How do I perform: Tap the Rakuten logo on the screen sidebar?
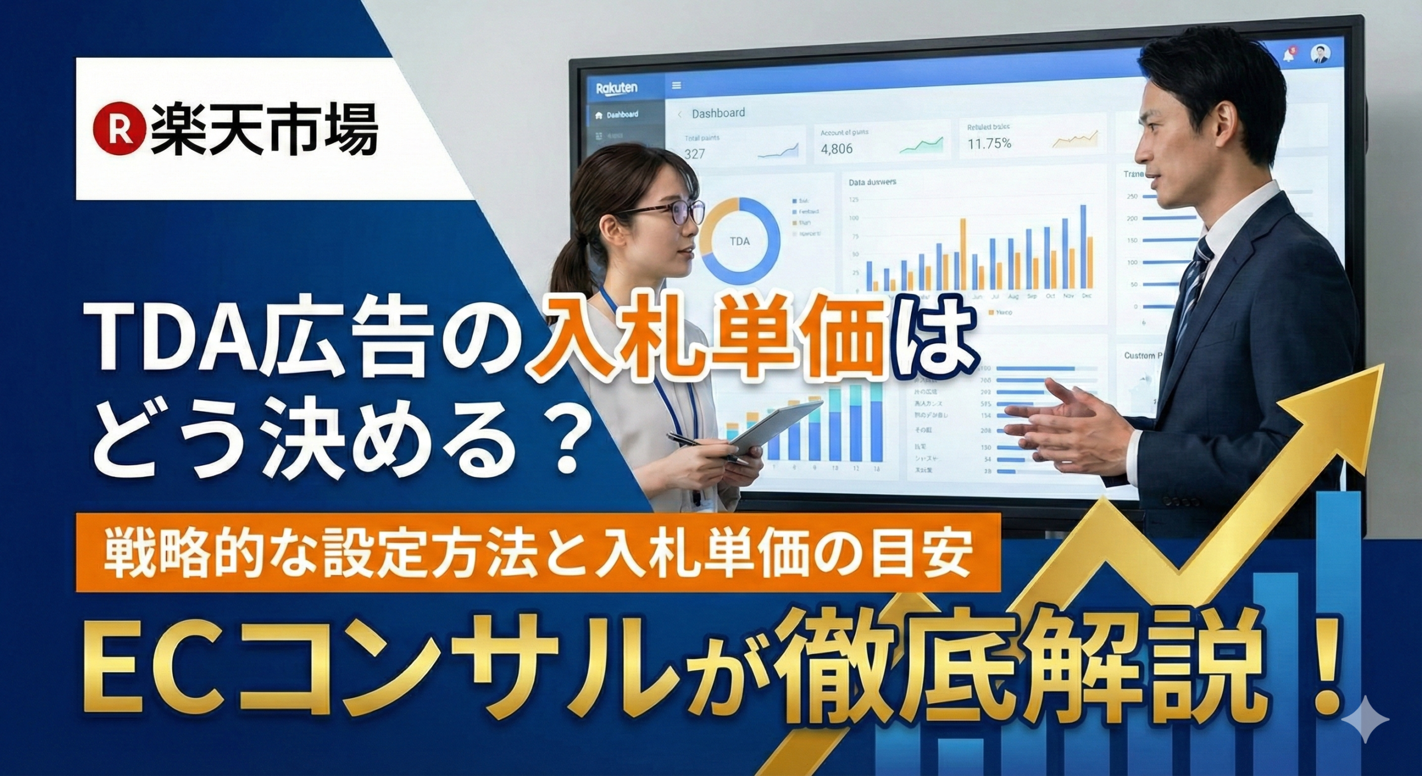pos(616,88)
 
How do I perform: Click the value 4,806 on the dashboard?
pos(837,149)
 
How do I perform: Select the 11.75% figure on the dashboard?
pos(989,144)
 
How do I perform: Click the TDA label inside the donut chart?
pos(738,241)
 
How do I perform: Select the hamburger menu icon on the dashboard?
pos(677,86)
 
